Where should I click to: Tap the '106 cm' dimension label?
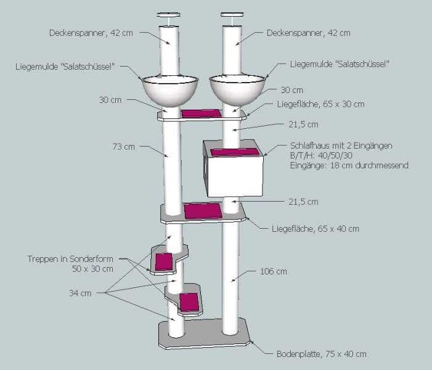click(x=272, y=271)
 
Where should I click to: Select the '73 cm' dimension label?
click(x=124, y=147)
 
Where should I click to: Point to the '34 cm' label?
click(x=80, y=294)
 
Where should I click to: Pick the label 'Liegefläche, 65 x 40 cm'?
click(x=315, y=229)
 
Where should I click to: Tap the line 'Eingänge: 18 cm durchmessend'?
click(x=349, y=165)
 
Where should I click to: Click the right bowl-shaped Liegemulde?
click(x=238, y=90)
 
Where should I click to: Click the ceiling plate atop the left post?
click(x=168, y=14)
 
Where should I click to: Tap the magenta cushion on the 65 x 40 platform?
click(x=203, y=211)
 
